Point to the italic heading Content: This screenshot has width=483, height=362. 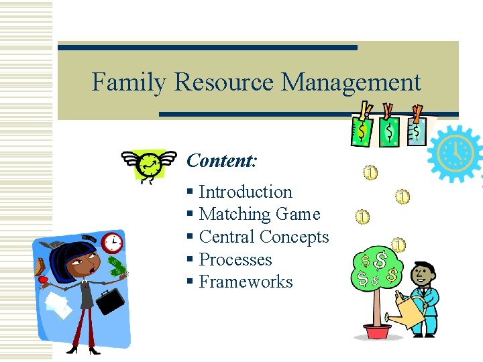coord(221,161)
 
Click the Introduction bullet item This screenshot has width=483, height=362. coord(245,192)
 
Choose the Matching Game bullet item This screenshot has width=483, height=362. coord(259,215)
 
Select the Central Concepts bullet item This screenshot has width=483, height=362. coord(264,237)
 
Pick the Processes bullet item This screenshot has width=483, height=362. coord(235,259)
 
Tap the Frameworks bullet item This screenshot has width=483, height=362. coord(246,282)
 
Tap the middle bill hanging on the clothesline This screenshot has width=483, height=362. coord(389,131)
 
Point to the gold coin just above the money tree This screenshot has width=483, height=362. coord(398,245)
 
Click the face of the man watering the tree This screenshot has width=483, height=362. coord(422,274)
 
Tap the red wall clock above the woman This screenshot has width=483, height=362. coord(112,240)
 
